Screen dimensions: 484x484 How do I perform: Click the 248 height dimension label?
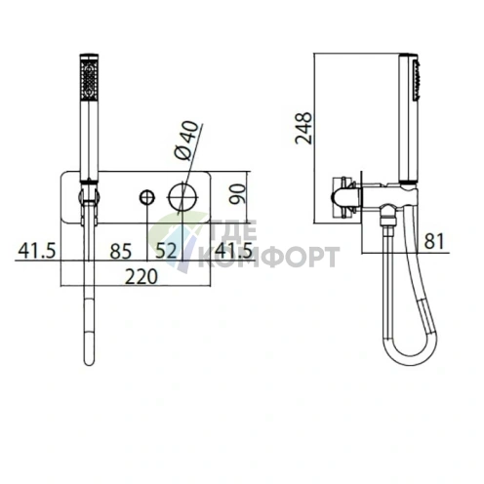click(303, 128)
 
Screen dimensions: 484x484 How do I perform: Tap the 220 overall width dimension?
click(141, 277)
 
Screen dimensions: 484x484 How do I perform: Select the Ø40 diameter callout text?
click(186, 140)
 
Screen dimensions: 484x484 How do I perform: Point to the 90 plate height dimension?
click(237, 194)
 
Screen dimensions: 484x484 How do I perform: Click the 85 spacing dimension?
click(121, 252)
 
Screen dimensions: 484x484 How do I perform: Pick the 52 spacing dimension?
click(166, 251)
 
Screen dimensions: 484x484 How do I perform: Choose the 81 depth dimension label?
click(434, 241)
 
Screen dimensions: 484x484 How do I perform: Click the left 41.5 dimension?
click(37, 251)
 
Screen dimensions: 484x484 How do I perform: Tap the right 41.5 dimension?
click(233, 251)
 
